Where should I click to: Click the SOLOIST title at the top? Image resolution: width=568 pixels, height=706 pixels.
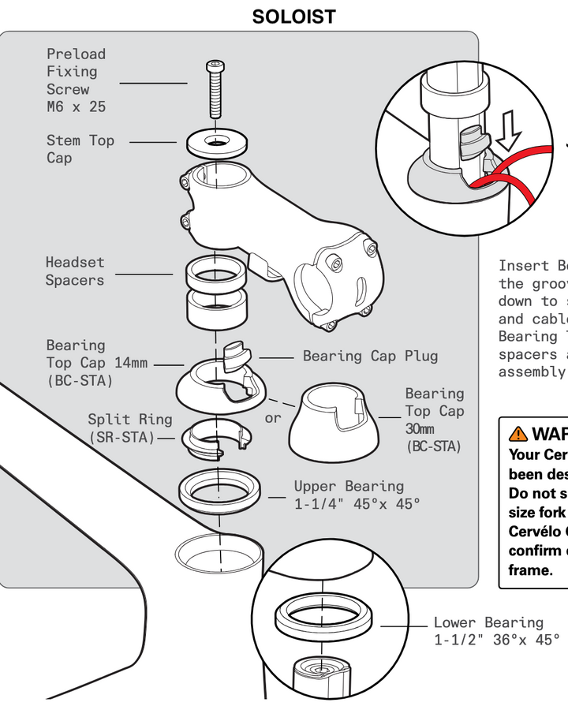tap(293, 17)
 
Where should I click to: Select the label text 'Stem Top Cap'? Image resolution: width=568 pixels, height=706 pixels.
tap(80, 149)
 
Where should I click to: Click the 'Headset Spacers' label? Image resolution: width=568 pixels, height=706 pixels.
tap(75, 271)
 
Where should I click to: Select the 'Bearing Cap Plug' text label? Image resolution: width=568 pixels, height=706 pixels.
tap(370, 356)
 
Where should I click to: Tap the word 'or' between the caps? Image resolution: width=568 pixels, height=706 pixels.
tap(272, 417)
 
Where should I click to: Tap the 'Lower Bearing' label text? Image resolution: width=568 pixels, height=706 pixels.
tap(488, 622)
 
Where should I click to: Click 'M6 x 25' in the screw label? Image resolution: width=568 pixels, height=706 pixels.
tap(76, 106)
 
